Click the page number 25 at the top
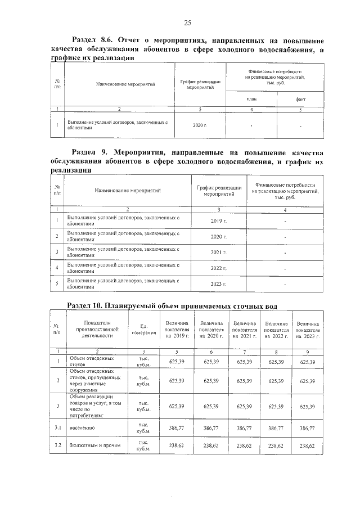coord(187,22)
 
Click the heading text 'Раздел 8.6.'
coord(93,41)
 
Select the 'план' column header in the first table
coord(251,98)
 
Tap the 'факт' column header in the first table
coord(301,98)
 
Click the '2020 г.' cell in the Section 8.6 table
coord(200,124)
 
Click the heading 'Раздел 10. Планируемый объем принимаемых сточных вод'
coord(172,305)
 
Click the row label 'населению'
coord(82,428)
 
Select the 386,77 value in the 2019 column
coord(178,428)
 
